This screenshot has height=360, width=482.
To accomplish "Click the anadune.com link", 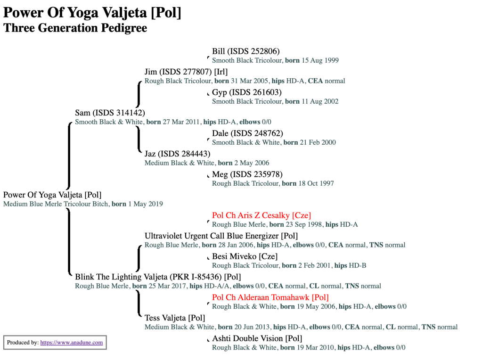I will [x=72, y=343].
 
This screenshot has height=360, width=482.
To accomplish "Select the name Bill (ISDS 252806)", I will [x=246, y=51].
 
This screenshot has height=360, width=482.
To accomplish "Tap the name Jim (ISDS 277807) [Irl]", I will [x=186, y=72].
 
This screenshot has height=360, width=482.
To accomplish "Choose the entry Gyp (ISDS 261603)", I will [x=246, y=92].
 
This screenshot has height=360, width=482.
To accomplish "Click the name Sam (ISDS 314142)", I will [x=110, y=113].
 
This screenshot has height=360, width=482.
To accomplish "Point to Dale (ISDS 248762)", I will [x=247, y=133].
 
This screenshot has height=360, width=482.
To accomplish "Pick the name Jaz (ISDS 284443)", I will [x=177, y=154].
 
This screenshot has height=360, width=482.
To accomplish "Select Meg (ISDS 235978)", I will [x=247, y=174].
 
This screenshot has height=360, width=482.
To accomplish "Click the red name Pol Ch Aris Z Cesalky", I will [x=261, y=215].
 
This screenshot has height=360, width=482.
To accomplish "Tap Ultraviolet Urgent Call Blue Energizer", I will [x=221, y=236].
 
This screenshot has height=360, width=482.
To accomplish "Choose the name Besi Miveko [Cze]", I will [x=245, y=256].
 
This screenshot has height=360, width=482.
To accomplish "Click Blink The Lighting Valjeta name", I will [x=158, y=277].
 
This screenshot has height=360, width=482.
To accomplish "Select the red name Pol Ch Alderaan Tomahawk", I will [x=270, y=297].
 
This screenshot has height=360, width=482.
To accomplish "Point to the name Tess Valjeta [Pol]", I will [x=175, y=318].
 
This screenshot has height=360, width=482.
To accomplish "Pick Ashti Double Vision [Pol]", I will [x=257, y=338].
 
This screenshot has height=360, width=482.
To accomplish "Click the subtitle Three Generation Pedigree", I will [x=75, y=28].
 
